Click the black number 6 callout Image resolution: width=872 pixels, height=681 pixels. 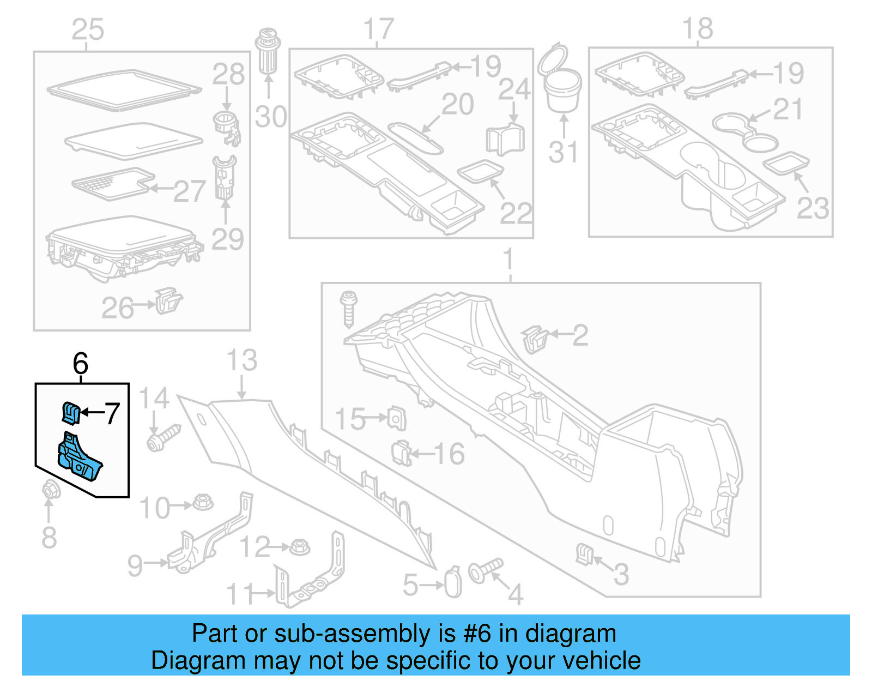click(81, 364)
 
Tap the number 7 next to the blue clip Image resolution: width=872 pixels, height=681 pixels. click(112, 413)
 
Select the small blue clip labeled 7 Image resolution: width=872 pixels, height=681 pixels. click(71, 412)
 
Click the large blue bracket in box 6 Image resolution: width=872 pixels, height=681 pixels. click(80, 460)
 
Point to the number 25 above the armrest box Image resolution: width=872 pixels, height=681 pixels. click(88, 29)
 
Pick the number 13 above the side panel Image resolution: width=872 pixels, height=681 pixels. click(242, 360)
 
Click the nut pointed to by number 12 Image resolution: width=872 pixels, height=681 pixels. click(299, 546)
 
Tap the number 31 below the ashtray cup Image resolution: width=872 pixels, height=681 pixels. click(563, 152)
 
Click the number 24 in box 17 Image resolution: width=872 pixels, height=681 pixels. click(514, 89)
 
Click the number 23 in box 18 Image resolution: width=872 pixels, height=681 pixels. click(813, 208)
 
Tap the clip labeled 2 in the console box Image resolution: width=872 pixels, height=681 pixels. click(535, 339)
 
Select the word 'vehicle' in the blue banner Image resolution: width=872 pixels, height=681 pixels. click(601, 660)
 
